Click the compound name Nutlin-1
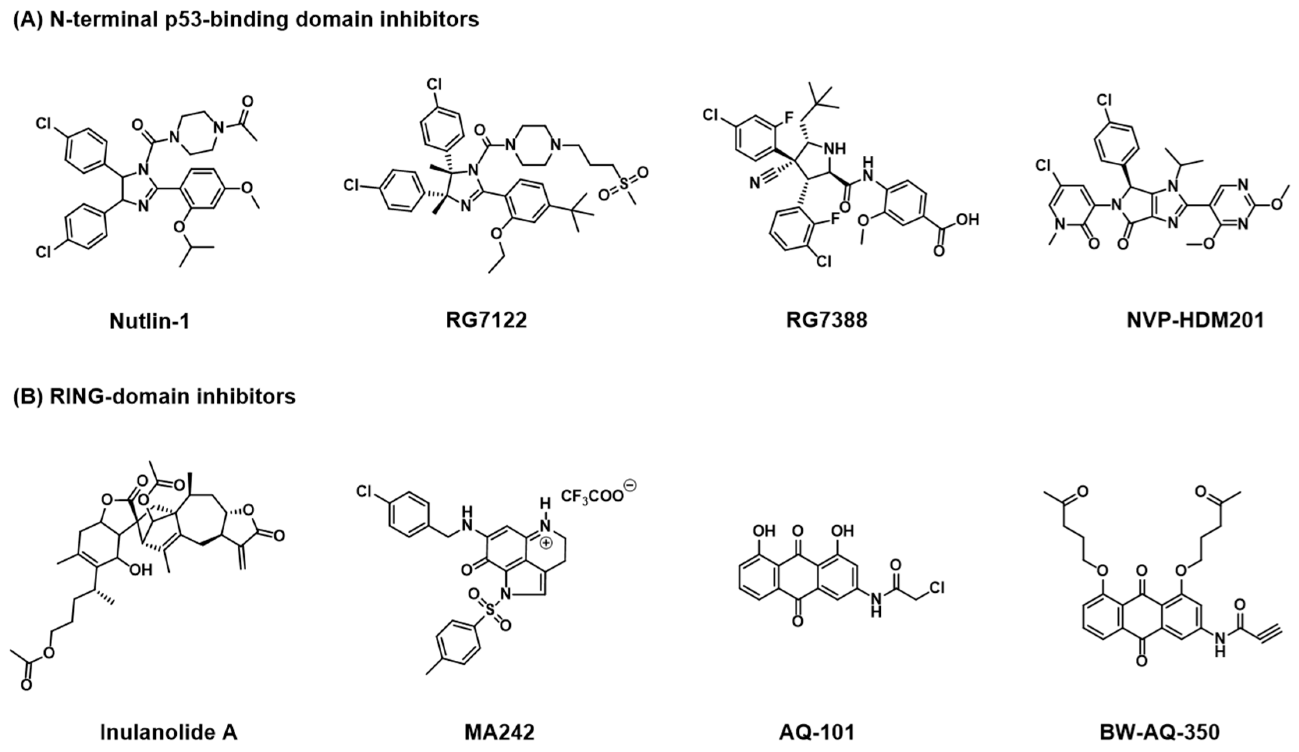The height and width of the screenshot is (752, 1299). [149, 321]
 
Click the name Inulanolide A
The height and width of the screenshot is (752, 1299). [169, 732]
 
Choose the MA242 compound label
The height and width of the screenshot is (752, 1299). [499, 732]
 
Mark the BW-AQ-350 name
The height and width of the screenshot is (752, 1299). [1159, 732]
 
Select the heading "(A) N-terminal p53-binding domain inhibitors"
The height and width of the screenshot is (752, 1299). [246, 20]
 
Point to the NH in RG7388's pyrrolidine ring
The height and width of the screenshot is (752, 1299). [835, 148]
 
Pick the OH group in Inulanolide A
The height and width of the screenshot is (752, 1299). [140, 570]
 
